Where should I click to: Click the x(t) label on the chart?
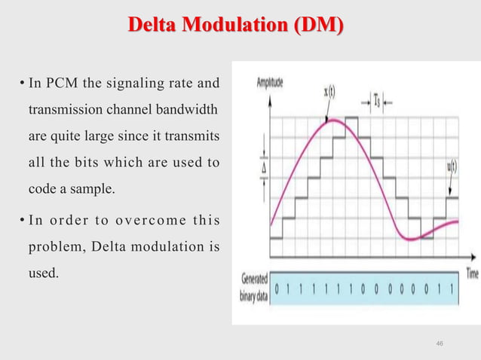pos(330,92)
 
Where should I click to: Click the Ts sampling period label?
pos(374,98)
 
